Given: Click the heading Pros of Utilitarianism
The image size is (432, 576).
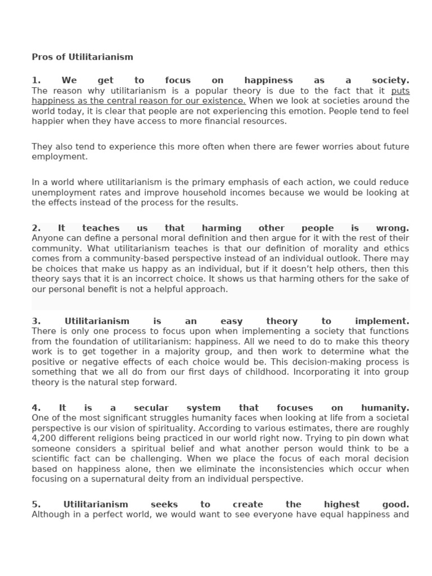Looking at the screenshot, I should (x=82, y=57).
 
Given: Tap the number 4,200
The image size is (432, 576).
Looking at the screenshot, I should (x=46, y=438).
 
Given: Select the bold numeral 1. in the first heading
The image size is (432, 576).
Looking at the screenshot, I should (x=37, y=80).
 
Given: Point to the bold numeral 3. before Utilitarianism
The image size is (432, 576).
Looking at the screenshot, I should (x=37, y=321).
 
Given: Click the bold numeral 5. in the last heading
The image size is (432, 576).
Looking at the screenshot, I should (x=37, y=505).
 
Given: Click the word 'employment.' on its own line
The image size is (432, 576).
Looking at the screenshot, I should (x=60, y=157).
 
